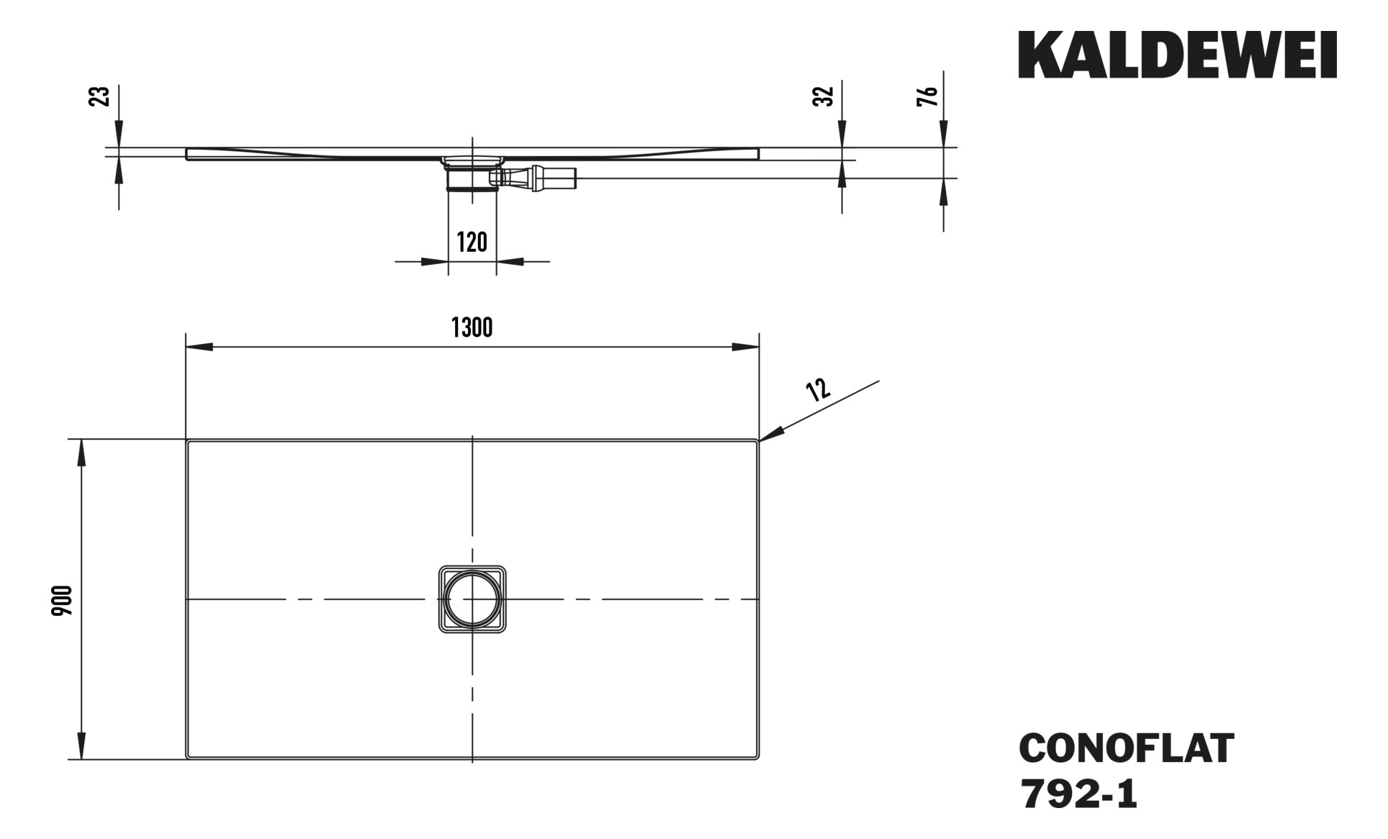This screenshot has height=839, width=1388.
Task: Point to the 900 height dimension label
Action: pyautogui.click(x=63, y=601)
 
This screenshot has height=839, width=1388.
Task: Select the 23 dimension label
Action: pyautogui.click(x=101, y=96)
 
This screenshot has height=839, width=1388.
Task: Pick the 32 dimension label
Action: pyautogui.click(x=824, y=96)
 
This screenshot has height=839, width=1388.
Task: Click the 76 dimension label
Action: pyautogui.click(x=929, y=96)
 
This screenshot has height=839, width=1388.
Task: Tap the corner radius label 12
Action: pyautogui.click(x=819, y=389)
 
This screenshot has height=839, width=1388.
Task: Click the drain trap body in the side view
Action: pyautogui.click(x=472, y=177)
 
